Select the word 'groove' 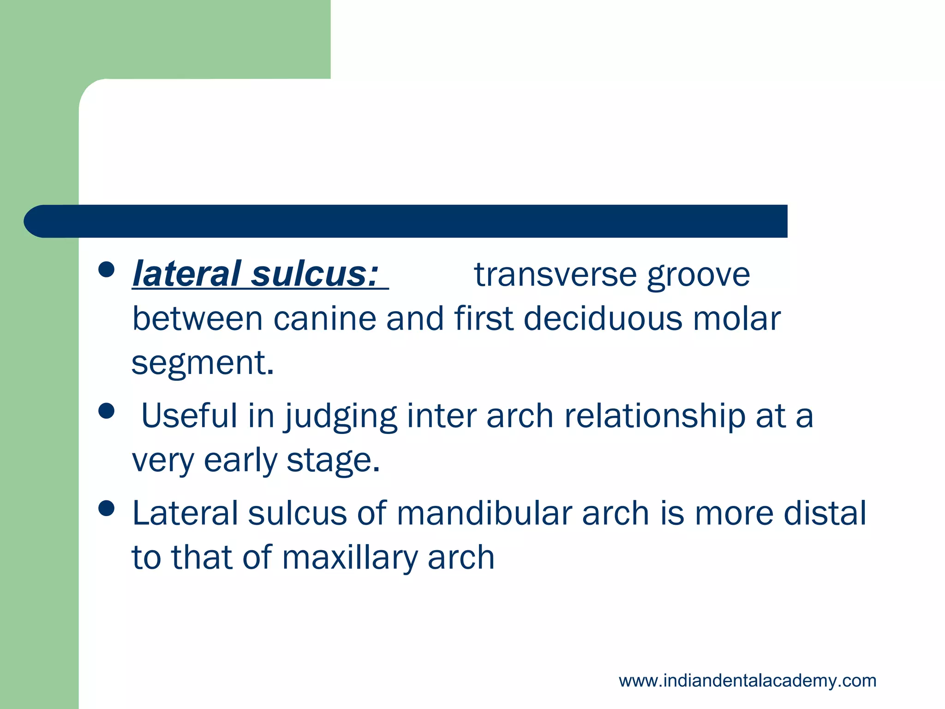(699, 276)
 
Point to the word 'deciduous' (603, 319)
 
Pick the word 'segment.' (203, 363)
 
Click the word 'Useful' (189, 415)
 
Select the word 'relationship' (655, 415)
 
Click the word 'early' (240, 461)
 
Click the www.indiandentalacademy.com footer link (747, 681)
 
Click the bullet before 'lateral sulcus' (107, 270)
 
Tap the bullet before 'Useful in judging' (107, 411)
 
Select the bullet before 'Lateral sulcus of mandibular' (107, 509)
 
